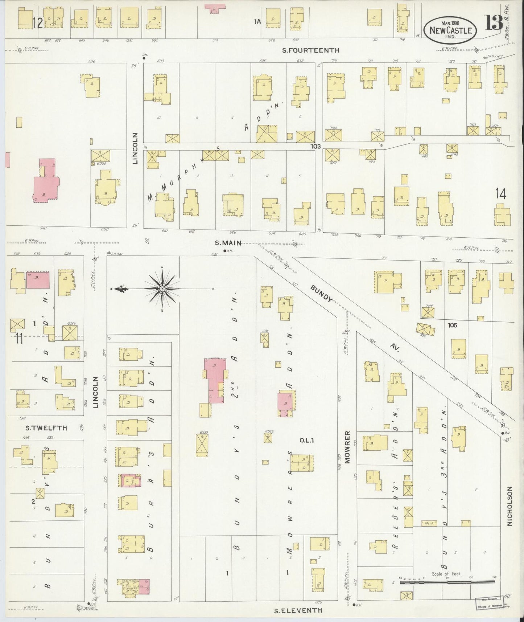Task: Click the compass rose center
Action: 162,289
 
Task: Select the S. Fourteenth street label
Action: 311,50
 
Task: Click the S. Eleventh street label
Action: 298,610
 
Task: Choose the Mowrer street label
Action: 347,447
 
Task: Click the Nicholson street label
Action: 509,506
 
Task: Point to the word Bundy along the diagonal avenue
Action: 321,292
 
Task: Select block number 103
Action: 316,146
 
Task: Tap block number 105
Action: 452,325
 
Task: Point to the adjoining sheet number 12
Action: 37,24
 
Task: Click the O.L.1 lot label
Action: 304,440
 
